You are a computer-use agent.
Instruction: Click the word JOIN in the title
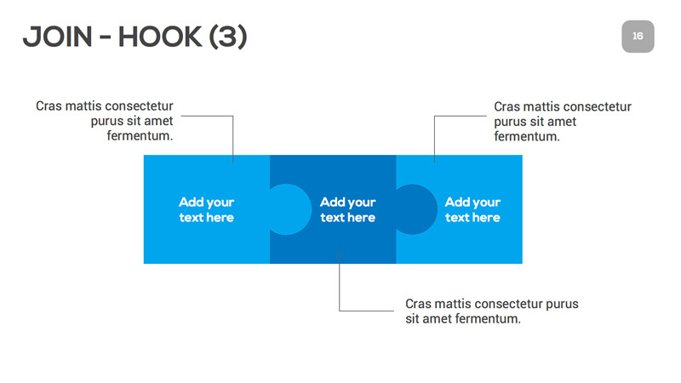coord(55,37)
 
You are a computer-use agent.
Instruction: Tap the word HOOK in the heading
coord(156,37)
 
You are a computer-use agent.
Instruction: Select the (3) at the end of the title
coord(225,37)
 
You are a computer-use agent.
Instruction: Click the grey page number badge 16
coord(638,37)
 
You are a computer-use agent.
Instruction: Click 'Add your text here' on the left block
coord(206,209)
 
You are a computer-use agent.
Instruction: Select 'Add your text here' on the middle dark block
coord(347,209)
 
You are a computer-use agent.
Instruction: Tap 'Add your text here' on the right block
coord(472,209)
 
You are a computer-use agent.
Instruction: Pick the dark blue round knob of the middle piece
coord(415,209)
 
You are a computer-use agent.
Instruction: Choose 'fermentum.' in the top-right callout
coord(527,136)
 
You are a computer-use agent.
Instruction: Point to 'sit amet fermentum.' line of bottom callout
coord(462,319)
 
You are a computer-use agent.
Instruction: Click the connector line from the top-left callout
coord(232,136)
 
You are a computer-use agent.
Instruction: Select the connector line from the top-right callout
coord(434,136)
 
